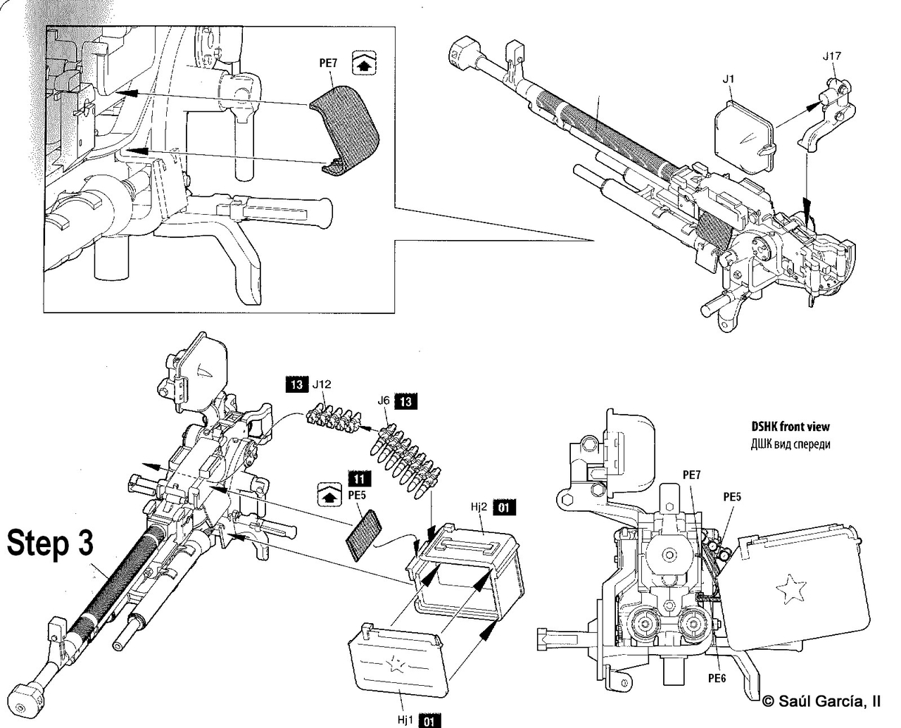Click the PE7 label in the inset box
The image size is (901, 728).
(x=328, y=63)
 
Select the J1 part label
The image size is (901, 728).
(x=728, y=79)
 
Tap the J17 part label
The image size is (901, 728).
(x=831, y=56)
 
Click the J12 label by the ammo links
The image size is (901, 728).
(x=322, y=384)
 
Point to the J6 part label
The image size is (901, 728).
(x=383, y=401)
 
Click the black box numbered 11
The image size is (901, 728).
(x=359, y=479)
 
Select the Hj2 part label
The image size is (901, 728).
(x=479, y=507)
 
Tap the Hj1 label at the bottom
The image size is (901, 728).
(x=405, y=720)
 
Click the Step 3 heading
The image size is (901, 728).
(x=51, y=543)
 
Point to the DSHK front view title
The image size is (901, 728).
(x=790, y=427)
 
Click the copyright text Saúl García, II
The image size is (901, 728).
(x=821, y=701)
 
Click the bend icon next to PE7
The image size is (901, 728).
(x=364, y=63)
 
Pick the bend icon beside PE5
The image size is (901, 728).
(x=329, y=494)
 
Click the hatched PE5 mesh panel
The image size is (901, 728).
(x=364, y=535)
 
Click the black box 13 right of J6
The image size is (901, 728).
(x=405, y=401)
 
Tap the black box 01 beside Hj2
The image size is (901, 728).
(x=504, y=507)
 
